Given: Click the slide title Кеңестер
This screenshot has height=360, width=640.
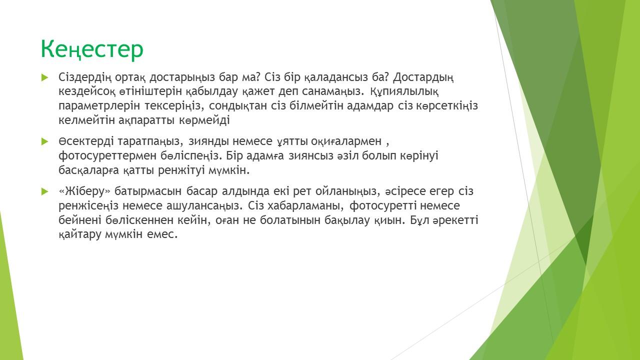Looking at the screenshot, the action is coord(92,49).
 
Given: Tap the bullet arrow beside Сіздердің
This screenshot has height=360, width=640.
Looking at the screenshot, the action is coord(45,77).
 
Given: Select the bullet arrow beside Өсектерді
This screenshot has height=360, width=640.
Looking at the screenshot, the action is coord(45,141).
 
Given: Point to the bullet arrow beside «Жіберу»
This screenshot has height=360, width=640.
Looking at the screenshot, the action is coord(45,191).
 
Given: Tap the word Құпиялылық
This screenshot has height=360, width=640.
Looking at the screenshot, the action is coord(404,91).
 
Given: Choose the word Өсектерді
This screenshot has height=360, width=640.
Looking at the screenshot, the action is coord(86,141).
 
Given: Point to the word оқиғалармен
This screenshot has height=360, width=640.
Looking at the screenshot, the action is coord(346,141).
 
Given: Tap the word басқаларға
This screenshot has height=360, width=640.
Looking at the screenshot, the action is coord(88,170).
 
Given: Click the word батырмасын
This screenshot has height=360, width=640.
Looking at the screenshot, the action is coord(148,191).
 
